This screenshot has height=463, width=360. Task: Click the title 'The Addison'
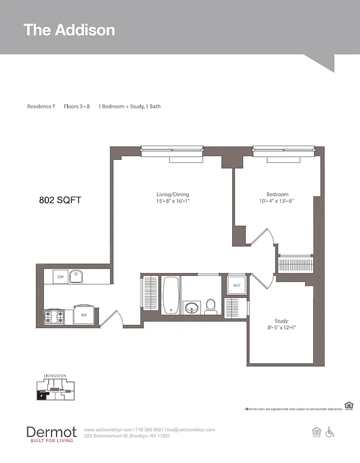(69, 30)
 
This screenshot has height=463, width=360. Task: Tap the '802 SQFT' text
(60, 200)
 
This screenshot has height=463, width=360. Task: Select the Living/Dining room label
(172, 194)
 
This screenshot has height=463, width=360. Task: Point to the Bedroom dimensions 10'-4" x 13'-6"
(277, 201)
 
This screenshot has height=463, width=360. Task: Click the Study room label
(281, 321)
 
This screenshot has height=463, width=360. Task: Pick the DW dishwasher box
(60, 277)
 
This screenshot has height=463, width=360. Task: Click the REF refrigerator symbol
(83, 315)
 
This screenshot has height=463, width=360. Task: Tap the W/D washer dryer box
(237, 285)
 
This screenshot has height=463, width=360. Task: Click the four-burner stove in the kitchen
(54, 317)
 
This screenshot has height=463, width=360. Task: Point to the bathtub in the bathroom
(171, 295)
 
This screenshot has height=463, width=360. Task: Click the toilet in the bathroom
(210, 306)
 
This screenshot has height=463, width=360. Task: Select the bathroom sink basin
(192, 307)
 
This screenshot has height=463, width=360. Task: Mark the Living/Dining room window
(172, 151)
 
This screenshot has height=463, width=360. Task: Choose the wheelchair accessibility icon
(330, 432)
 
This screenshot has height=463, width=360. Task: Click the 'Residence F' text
(41, 106)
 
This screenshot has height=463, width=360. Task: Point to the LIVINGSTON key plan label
(55, 376)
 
